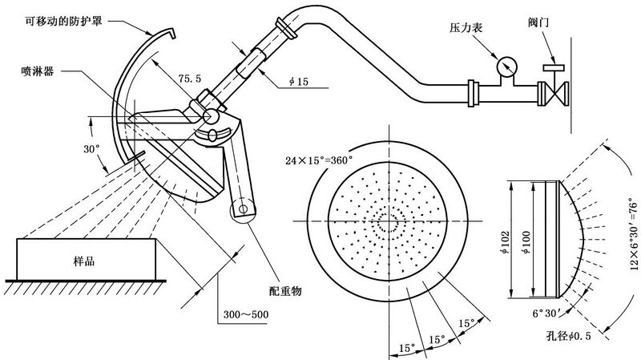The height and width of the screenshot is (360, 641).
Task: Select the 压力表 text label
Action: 465,27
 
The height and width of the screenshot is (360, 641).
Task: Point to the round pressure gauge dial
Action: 506,63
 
